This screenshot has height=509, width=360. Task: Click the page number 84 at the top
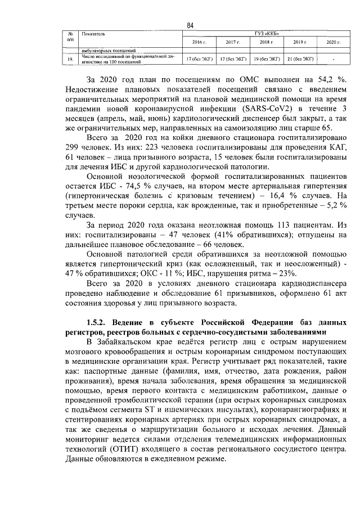[x=190, y=25]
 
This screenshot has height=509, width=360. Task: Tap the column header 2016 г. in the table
[x=200, y=43]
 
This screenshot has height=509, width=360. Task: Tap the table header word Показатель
[x=93, y=34]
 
